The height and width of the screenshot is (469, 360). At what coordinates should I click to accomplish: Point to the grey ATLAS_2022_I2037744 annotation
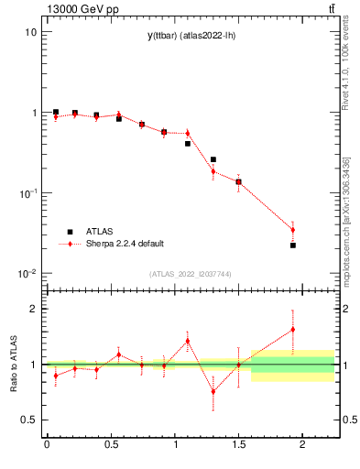coord(190,274)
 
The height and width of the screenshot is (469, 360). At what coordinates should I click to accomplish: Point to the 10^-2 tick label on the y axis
coord(27,274)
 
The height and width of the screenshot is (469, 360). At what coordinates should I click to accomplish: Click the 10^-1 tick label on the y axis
coord(27,193)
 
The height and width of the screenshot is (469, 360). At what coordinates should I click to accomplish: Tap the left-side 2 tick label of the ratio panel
coord(33,309)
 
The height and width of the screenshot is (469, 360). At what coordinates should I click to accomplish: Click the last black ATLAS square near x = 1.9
coord(293,245)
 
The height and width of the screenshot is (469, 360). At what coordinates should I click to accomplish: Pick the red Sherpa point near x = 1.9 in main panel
coord(293,230)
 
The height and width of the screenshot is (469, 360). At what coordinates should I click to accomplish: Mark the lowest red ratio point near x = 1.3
coord(213,391)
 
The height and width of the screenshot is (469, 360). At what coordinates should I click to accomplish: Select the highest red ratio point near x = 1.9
coord(293,329)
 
